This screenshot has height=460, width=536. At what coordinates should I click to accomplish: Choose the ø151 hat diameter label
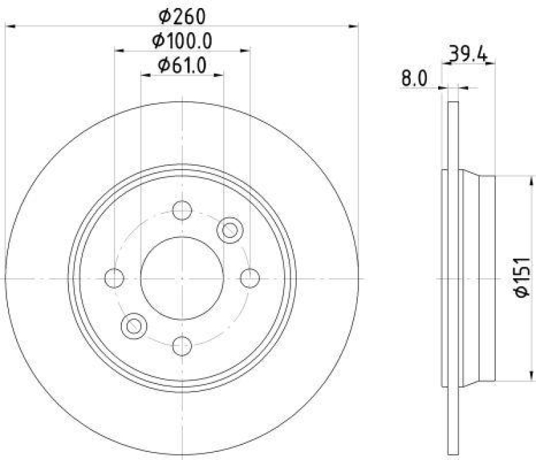click(523, 278)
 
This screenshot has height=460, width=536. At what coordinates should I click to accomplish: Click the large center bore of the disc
click(182, 278)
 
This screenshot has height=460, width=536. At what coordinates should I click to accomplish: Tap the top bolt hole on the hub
click(182, 210)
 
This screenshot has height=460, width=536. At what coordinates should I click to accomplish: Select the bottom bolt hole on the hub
click(182, 345)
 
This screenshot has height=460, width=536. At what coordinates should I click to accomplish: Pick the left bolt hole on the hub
click(115, 278)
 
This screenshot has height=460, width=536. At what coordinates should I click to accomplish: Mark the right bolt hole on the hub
click(249, 278)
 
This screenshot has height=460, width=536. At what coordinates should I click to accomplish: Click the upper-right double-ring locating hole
click(230, 229)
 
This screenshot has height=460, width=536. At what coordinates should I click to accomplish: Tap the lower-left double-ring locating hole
click(133, 326)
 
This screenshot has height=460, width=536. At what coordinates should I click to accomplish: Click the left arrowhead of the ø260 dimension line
click(9, 26)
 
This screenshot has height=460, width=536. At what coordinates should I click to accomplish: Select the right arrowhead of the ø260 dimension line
click(354, 26)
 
